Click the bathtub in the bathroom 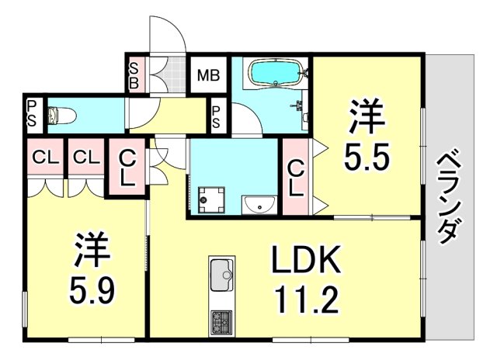coord(275,75)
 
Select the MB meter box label coord(207,76)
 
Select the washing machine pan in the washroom coord(210,199)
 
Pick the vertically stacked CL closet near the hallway coord(125,166)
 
